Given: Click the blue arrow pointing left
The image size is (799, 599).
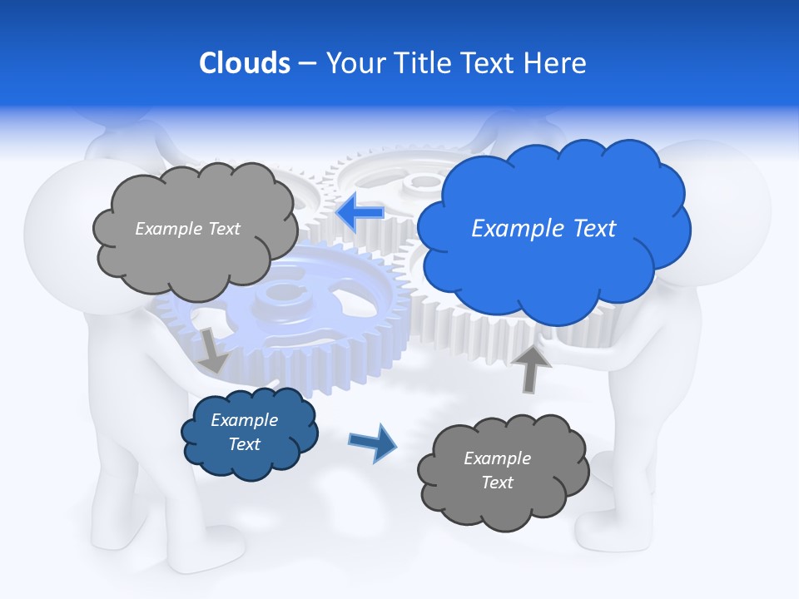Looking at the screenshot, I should click(360, 213).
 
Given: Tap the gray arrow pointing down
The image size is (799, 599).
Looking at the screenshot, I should click(212, 350).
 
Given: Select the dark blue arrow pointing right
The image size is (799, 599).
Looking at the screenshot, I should click(373, 442).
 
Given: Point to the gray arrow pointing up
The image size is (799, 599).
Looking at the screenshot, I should click(531, 368).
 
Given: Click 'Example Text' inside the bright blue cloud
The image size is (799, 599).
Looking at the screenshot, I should click(543, 229).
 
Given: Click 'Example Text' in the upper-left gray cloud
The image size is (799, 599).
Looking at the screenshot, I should click(187, 229).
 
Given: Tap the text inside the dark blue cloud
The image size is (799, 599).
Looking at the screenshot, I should click(244, 432).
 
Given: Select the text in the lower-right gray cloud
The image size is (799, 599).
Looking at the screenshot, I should click(497, 470).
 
